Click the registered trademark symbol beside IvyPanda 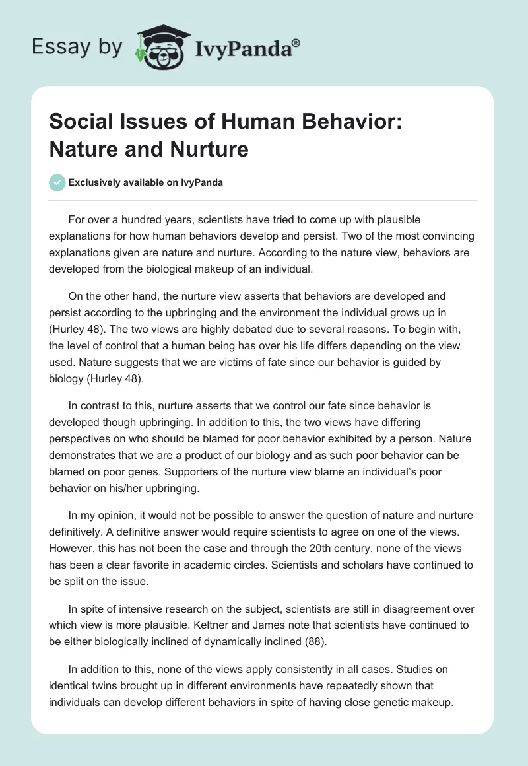coord(296,44)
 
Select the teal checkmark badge coord(57,182)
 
